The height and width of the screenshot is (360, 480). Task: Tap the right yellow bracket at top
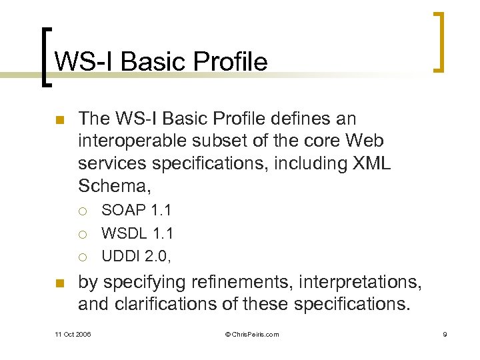coord(438,41)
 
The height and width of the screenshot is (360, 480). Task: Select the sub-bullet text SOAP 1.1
coord(136,210)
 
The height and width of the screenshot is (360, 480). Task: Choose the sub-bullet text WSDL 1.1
coord(137,233)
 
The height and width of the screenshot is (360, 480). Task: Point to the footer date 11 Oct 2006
coord(73,334)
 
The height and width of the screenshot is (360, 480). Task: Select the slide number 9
coord(445,334)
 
